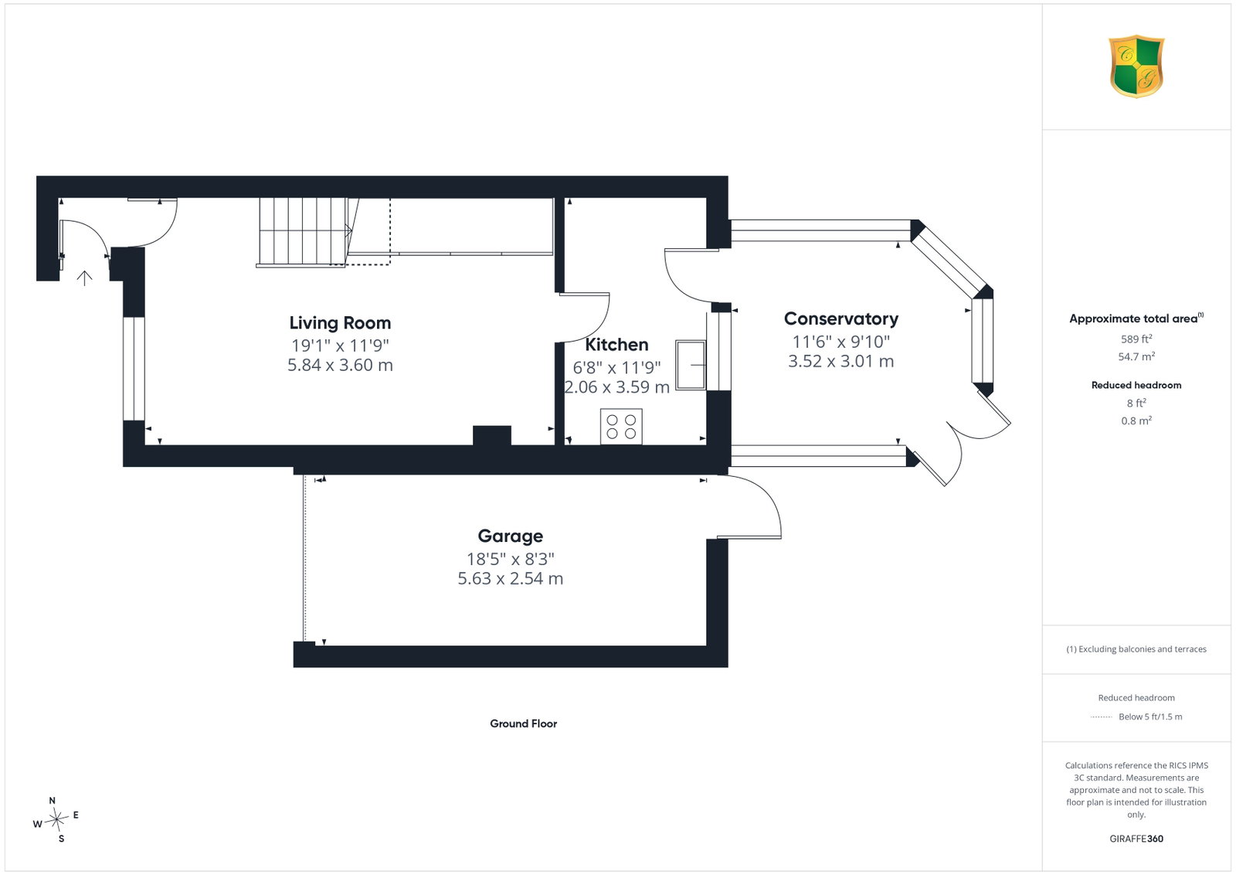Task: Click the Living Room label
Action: (340, 323)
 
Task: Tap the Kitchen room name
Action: (616, 345)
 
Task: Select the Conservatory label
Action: (841, 318)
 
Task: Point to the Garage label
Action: (511, 536)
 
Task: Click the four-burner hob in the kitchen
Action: (621, 426)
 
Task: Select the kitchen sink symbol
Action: (691, 365)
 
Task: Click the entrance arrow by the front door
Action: (84, 278)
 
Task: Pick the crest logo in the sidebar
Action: (1136, 66)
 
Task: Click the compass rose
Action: (56, 820)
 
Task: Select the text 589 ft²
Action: (1136, 339)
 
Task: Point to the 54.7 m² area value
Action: (1136, 356)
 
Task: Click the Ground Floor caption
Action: (523, 723)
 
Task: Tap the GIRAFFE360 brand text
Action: (1136, 839)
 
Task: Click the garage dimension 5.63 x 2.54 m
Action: (511, 578)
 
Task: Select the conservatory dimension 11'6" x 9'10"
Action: (841, 342)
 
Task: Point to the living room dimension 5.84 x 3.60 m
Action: (340, 365)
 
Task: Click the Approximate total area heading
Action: (1136, 318)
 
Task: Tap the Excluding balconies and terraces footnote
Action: (1136, 649)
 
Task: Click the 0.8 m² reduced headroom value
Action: (1136, 420)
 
